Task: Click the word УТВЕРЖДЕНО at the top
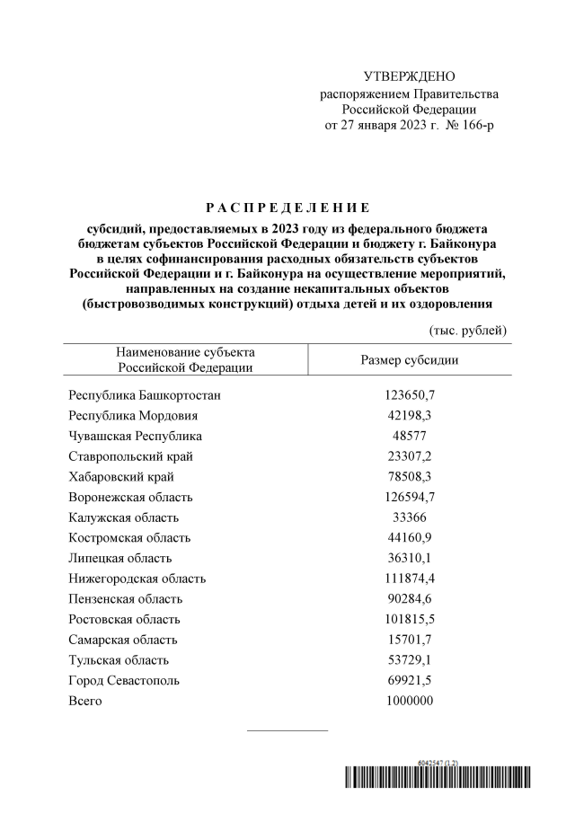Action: pyautogui.click(x=409, y=76)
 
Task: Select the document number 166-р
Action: pyautogui.click(x=473, y=125)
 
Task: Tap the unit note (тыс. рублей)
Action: pyautogui.click(x=468, y=331)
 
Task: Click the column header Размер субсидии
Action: pyautogui.click(x=410, y=359)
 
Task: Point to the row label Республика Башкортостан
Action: pyautogui.click(x=145, y=394)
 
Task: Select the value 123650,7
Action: pyautogui.click(x=410, y=394)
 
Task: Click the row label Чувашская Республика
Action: pyautogui.click(x=136, y=436)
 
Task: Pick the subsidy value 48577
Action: pyautogui.click(x=410, y=436)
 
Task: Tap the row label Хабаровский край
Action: pyautogui.click(x=121, y=476)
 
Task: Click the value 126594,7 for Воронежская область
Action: pyautogui.click(x=410, y=497)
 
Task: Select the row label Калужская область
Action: pyautogui.click(x=124, y=517)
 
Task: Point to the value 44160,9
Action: pyautogui.click(x=410, y=538)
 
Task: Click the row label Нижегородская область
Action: pyautogui.click(x=137, y=579)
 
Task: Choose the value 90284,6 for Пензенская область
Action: pyautogui.click(x=410, y=599)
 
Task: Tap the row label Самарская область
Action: pyautogui.click(x=123, y=640)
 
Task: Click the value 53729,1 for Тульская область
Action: pyautogui.click(x=410, y=660)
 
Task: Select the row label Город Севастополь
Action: pyautogui.click(x=124, y=681)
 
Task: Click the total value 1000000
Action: pyautogui.click(x=410, y=701)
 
